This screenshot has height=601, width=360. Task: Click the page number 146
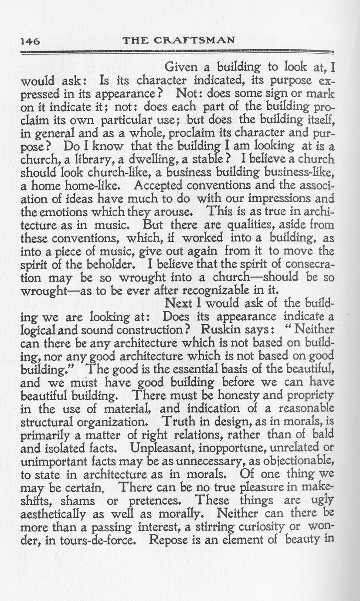tap(30, 41)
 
